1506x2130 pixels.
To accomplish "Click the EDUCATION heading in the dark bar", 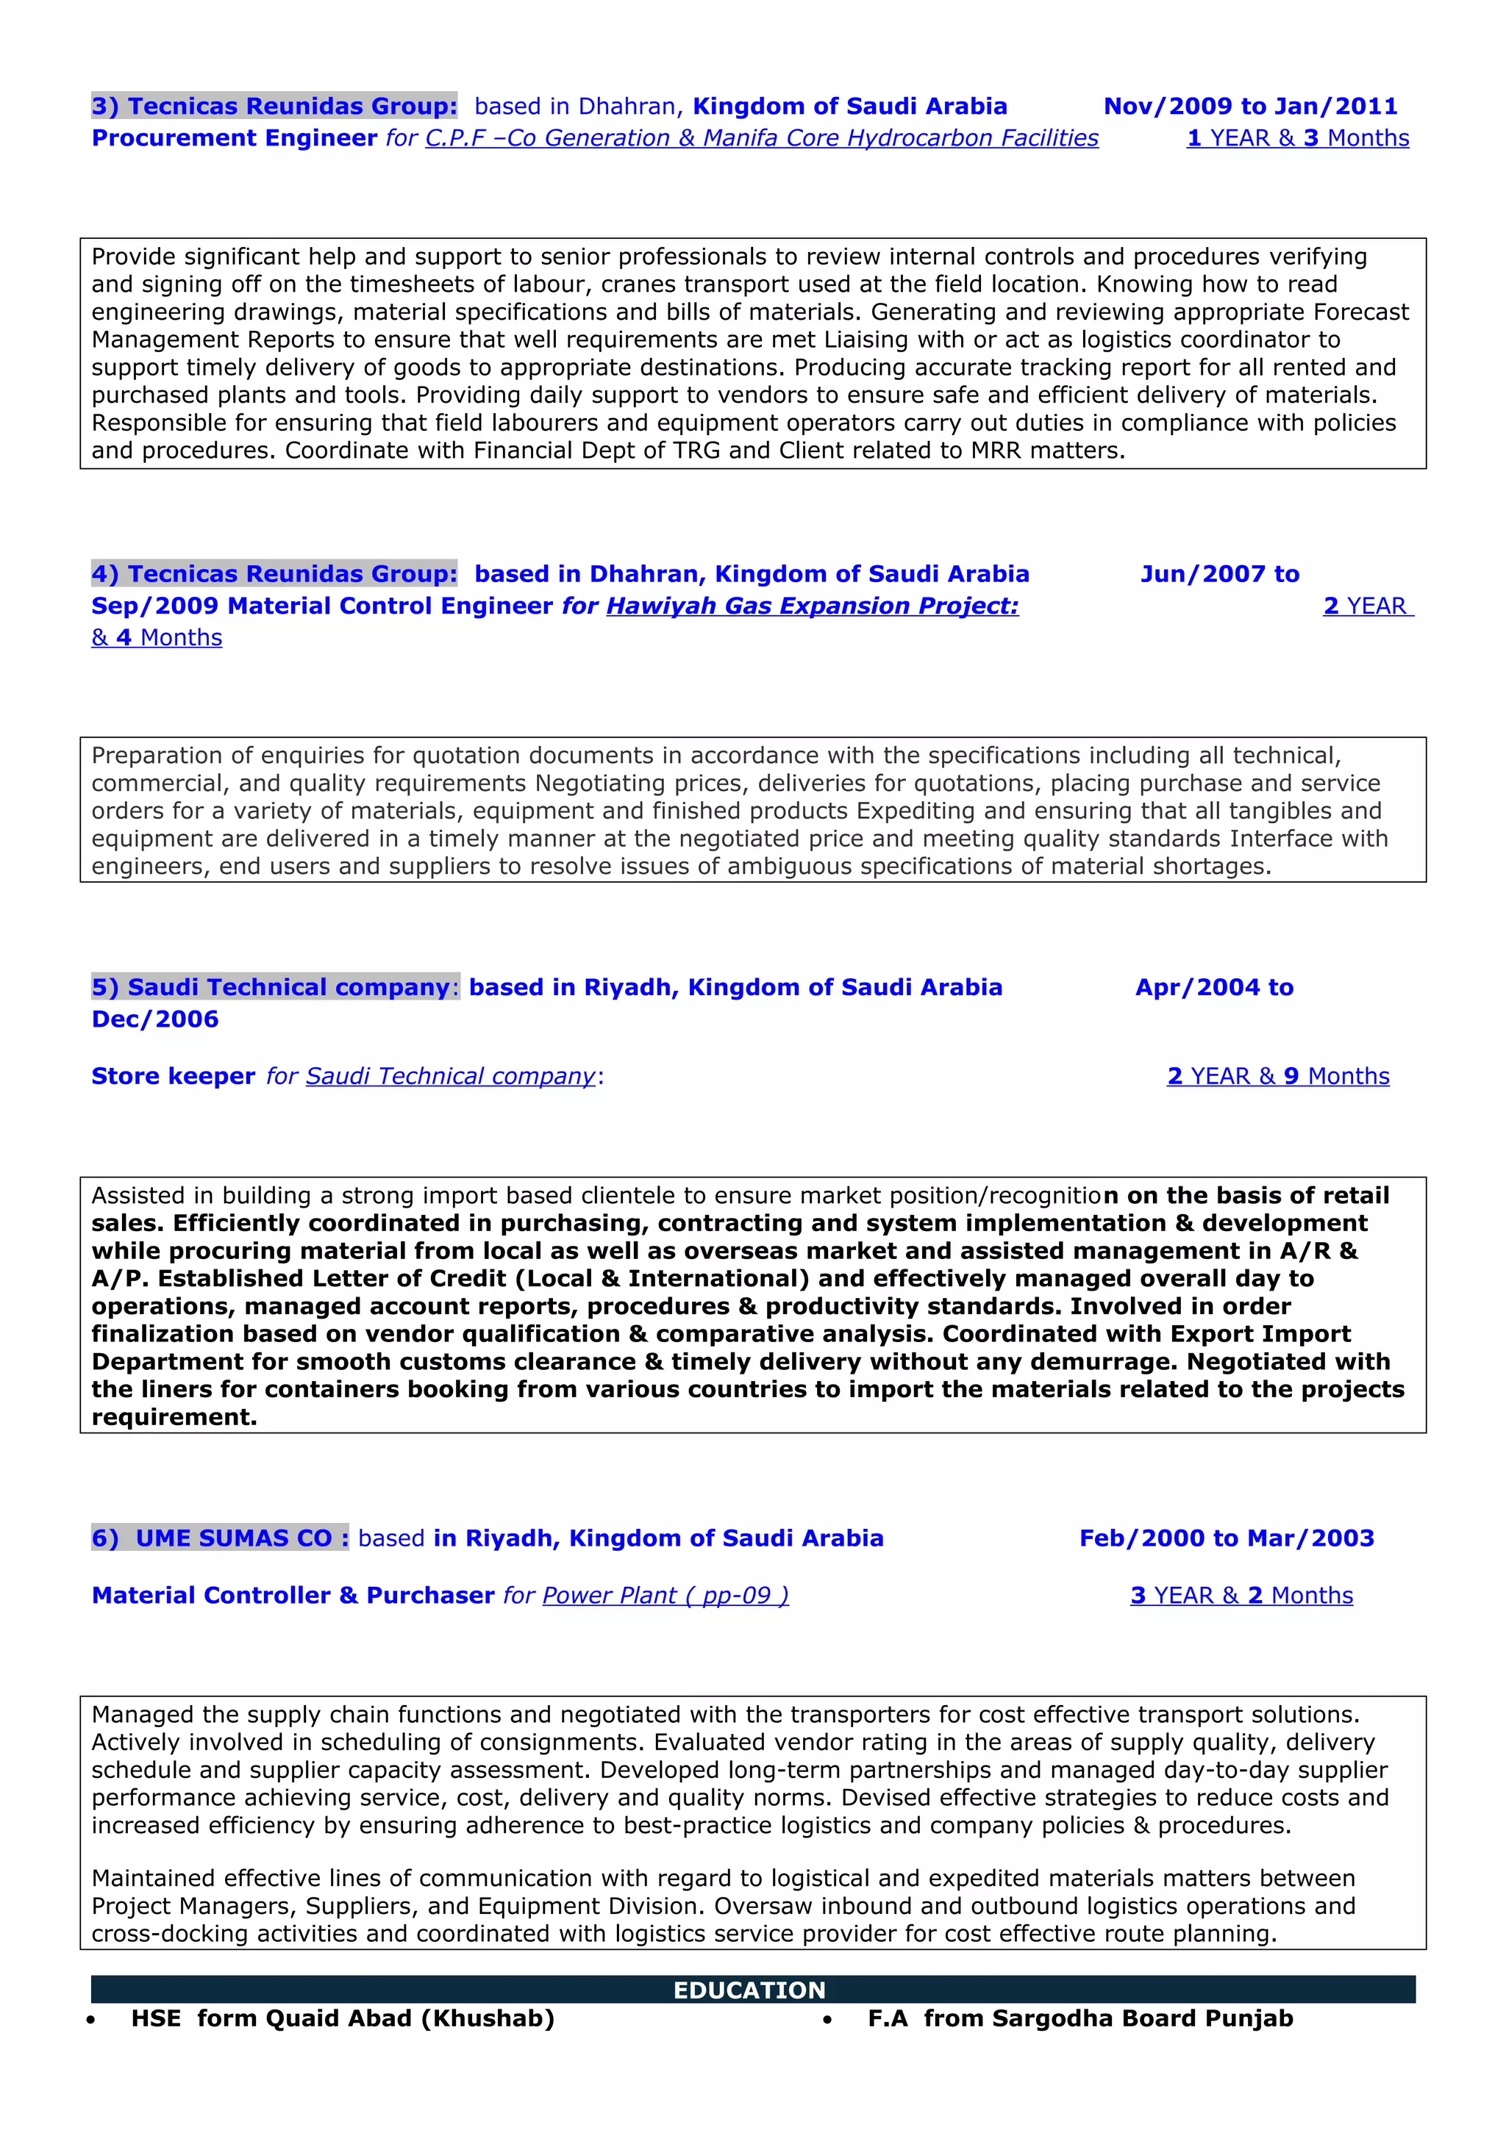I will click(749, 1990).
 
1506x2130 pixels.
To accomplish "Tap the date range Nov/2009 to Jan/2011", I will click(1250, 107).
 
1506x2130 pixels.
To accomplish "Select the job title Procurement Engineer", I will click(234, 138).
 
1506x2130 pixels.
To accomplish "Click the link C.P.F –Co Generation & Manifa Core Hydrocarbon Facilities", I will click(761, 138).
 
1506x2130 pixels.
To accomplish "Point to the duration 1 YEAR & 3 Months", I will click(1297, 138).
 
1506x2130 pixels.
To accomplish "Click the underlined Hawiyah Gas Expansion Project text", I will click(812, 606).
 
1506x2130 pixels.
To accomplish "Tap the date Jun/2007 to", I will click(1219, 574).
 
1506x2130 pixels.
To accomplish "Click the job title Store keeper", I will click(173, 1076).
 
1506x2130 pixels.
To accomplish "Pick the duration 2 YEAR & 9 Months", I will click(1278, 1076).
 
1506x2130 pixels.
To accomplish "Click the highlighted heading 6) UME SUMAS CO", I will click(220, 1538).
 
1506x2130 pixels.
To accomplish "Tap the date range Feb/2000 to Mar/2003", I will click(1226, 1538).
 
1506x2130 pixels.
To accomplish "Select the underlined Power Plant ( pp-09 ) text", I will click(665, 1596).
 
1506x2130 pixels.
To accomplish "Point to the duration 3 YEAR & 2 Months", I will click(1241, 1596).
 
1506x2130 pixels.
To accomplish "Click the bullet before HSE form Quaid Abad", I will click(91, 2020).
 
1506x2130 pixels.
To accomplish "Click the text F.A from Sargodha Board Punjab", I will click(1080, 2019).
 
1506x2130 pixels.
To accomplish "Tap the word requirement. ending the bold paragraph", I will click(174, 1418).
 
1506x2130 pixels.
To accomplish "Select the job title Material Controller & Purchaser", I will click(293, 1596).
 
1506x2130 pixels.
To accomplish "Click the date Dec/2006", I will click(155, 1019).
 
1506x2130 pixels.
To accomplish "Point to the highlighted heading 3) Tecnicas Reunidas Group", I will click(275, 107).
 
